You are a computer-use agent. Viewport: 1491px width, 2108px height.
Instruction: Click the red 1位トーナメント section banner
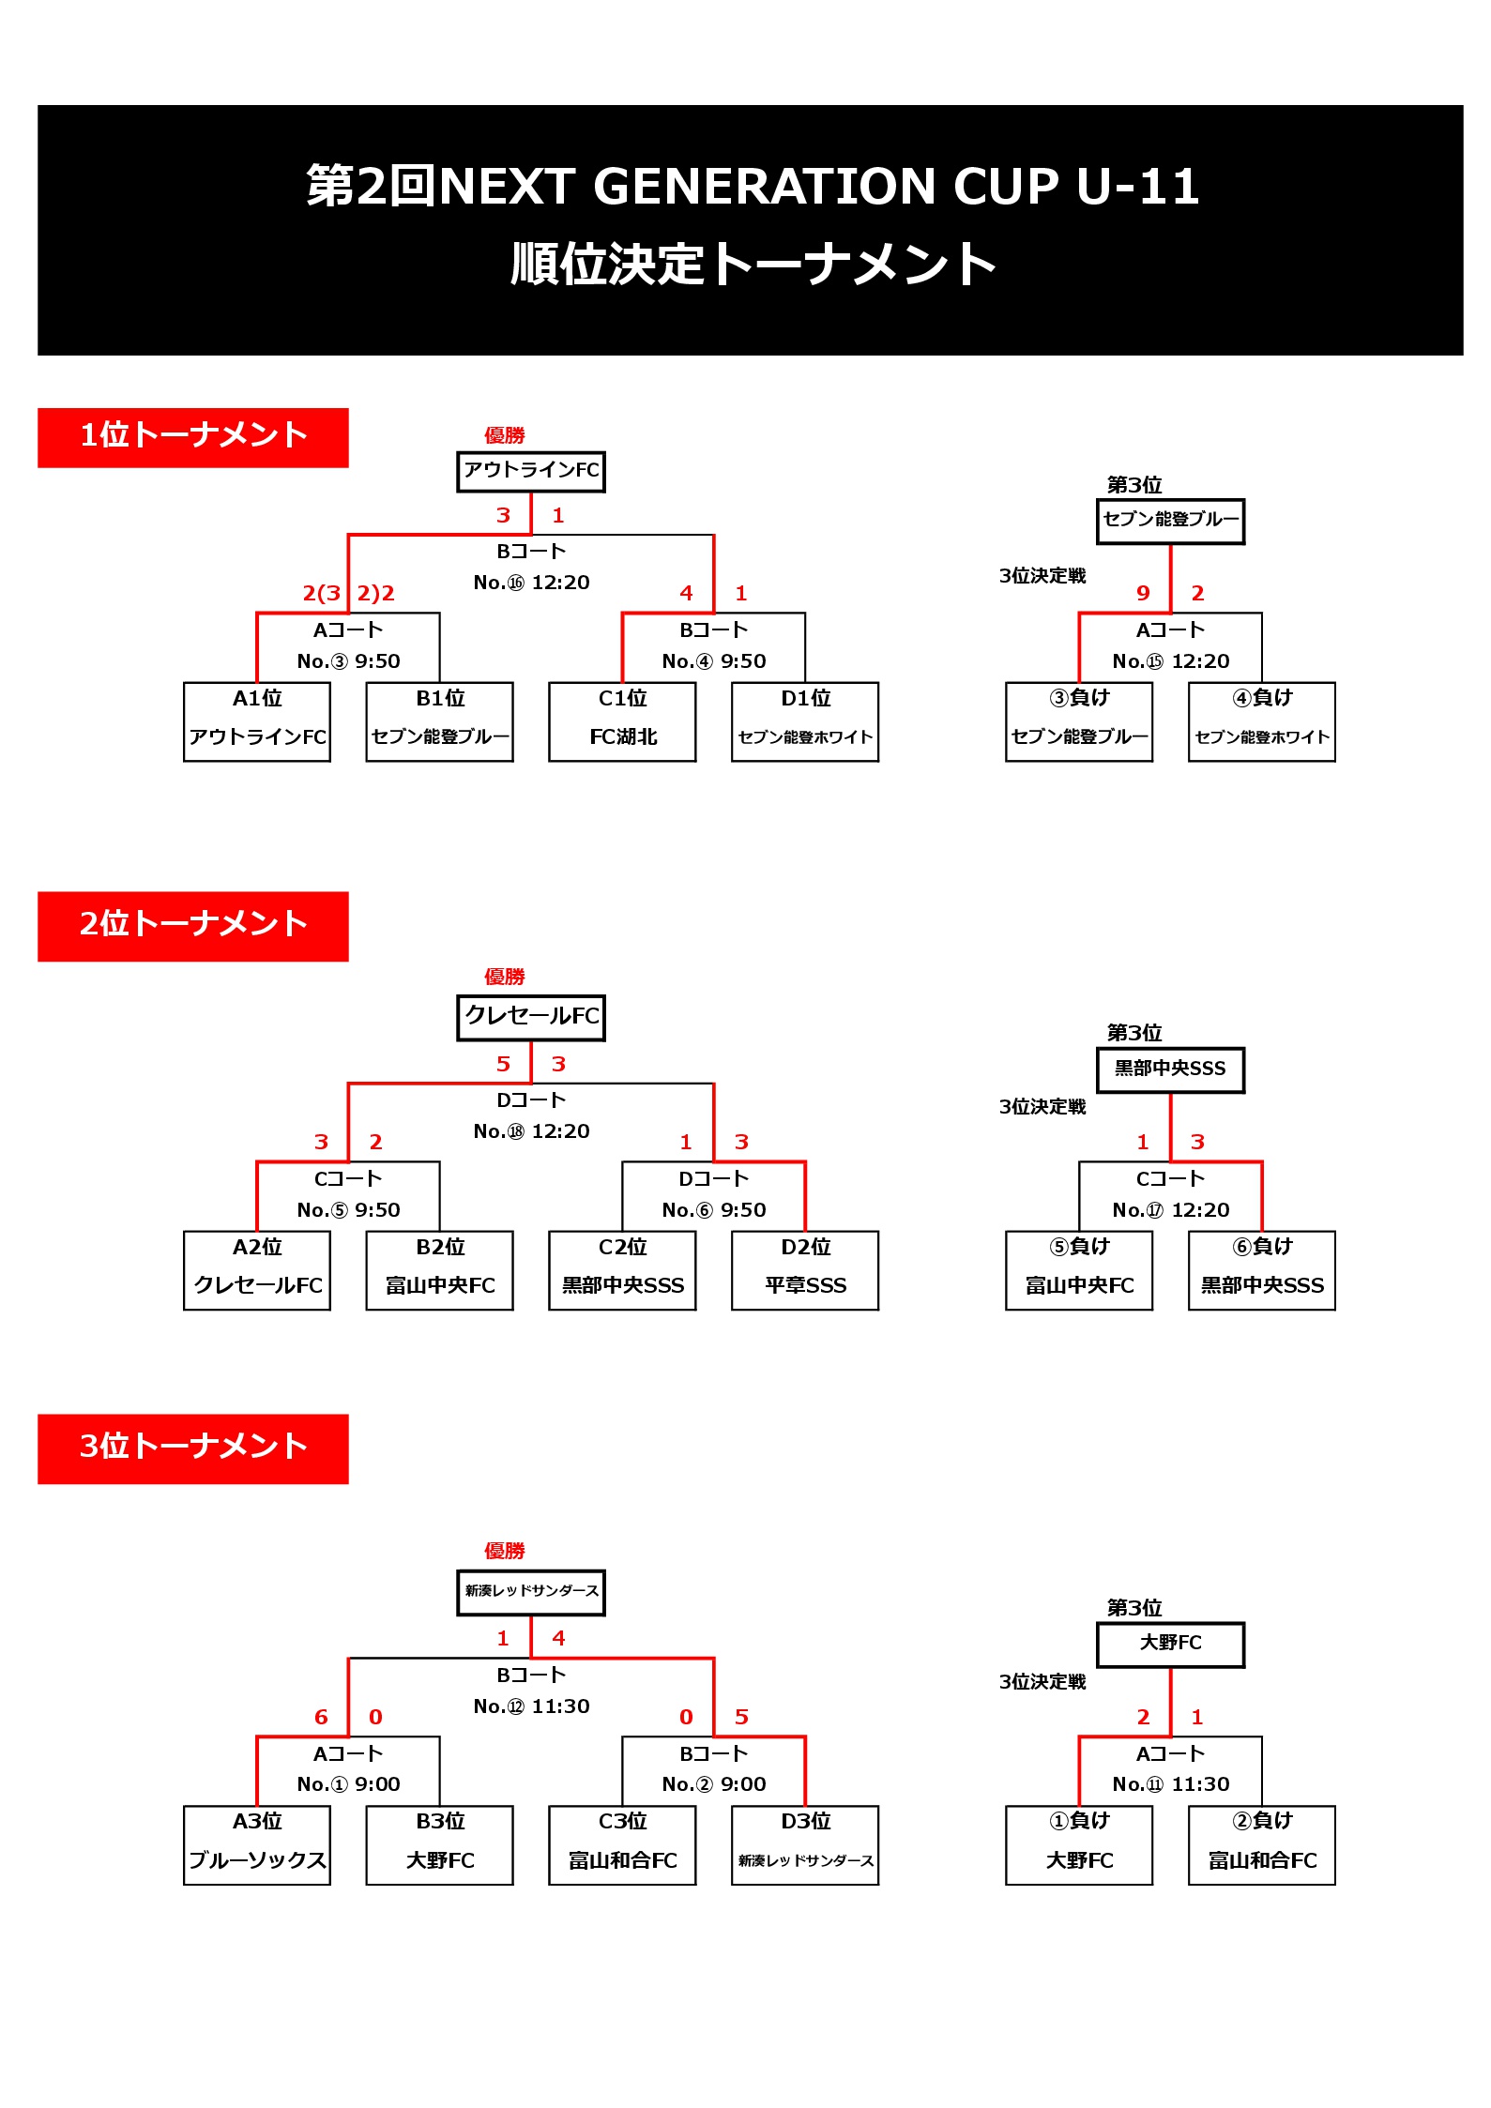click(x=192, y=437)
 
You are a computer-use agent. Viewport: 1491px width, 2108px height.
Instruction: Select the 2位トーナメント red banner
click(x=192, y=926)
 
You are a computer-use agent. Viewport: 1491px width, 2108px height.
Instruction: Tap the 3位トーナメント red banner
click(x=192, y=1448)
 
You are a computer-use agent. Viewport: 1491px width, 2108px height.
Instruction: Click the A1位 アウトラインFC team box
click(x=257, y=721)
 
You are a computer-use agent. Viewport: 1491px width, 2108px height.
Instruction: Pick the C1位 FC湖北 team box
click(x=622, y=721)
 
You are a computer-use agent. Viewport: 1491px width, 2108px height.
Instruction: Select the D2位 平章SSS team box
click(x=805, y=1270)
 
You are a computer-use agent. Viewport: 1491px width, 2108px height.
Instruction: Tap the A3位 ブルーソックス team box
click(x=257, y=1845)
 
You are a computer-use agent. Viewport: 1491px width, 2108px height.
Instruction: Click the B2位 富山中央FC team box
click(x=440, y=1270)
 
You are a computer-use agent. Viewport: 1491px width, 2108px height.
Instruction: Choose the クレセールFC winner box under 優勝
click(x=531, y=1018)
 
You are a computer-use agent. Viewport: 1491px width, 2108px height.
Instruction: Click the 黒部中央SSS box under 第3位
click(x=1171, y=1070)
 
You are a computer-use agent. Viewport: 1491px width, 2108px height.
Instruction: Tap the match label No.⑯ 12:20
click(x=531, y=583)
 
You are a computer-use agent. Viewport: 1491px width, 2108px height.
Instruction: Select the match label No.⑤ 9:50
click(x=348, y=1210)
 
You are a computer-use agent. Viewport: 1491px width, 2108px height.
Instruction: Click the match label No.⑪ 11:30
click(x=1171, y=1784)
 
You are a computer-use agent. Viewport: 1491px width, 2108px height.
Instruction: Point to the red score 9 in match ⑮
click(x=1143, y=593)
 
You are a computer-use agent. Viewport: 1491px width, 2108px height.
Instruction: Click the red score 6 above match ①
click(x=321, y=1717)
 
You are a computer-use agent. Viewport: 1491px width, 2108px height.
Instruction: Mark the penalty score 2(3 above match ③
click(x=321, y=593)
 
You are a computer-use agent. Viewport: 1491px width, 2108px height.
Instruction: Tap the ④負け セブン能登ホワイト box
click(x=1262, y=721)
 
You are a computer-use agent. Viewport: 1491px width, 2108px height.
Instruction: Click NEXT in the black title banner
click(x=507, y=186)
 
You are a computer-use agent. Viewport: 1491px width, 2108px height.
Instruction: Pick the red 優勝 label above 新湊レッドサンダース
click(x=505, y=1551)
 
